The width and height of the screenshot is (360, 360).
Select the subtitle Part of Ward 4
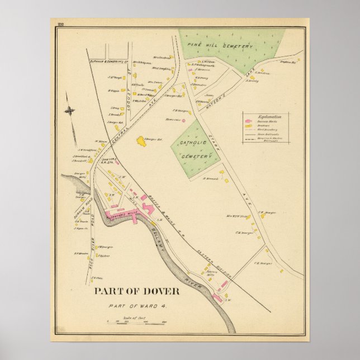click(138, 305)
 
